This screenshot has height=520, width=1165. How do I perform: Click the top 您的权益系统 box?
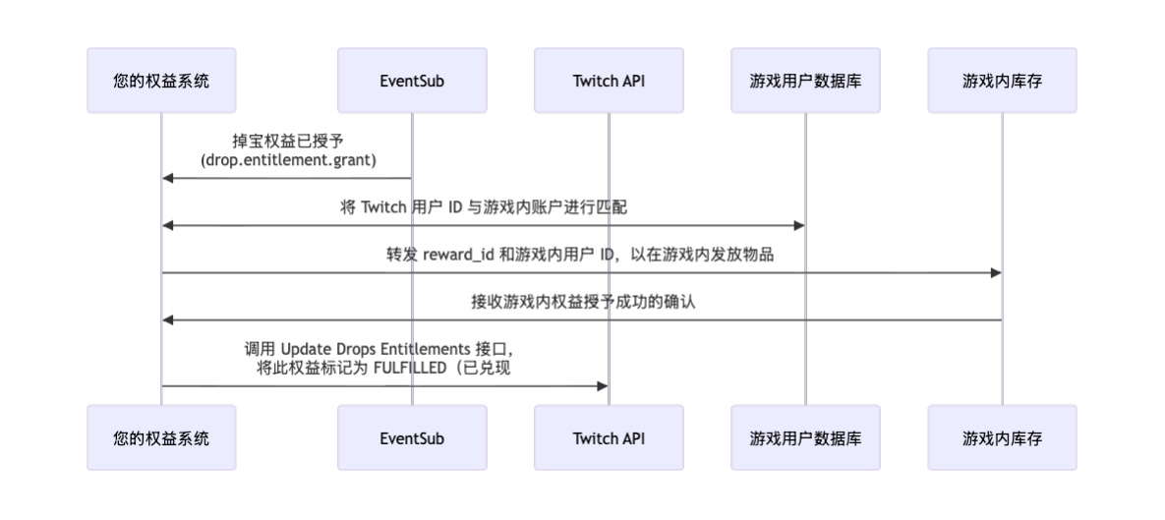[161, 81]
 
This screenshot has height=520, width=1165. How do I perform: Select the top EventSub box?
[412, 81]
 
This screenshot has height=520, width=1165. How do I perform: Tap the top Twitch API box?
[609, 81]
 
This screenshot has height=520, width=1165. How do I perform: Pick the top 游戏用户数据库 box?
[805, 81]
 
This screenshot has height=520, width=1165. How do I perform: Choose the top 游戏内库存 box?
[1002, 81]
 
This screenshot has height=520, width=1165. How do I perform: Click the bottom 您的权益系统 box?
[161, 437]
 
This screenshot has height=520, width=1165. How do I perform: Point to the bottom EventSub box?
[412, 437]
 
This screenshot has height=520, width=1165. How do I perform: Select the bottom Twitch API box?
[609, 437]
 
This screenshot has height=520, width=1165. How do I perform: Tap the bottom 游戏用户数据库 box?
[805, 437]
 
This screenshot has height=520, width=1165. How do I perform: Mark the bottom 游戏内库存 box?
[1002, 437]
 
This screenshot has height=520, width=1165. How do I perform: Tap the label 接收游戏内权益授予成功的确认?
[582, 302]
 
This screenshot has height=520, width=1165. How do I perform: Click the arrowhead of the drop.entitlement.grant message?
[168, 178]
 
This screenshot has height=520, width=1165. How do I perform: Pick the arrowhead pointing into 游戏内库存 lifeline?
[995, 272]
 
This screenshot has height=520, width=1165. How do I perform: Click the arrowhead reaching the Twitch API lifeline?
[602, 386]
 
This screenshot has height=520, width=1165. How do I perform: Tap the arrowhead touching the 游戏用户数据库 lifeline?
[798, 225]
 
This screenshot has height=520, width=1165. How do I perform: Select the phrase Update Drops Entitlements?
[365, 349]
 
